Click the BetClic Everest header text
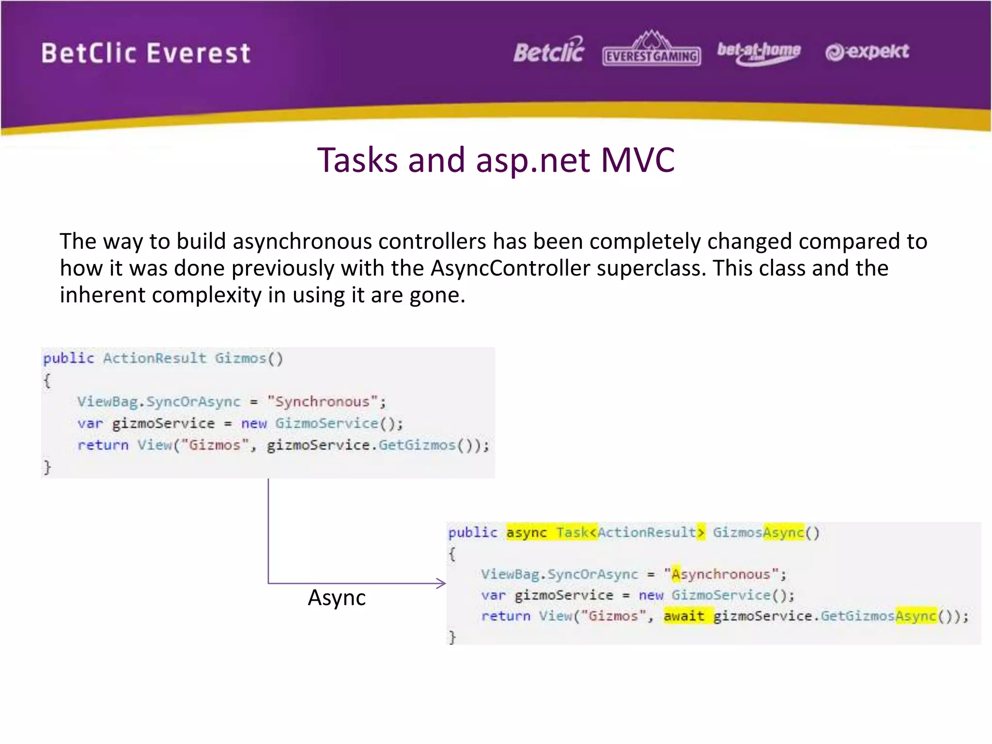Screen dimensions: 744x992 146,53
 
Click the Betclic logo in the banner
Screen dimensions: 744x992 549,51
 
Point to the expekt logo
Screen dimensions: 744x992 867,52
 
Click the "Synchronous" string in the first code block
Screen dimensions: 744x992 322,402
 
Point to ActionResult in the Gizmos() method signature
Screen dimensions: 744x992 155,358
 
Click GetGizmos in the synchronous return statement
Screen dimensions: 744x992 417,445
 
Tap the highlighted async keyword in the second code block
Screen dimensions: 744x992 526,533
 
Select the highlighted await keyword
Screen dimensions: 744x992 683,616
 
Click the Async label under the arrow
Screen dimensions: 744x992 337,598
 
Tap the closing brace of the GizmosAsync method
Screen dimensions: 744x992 452,636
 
